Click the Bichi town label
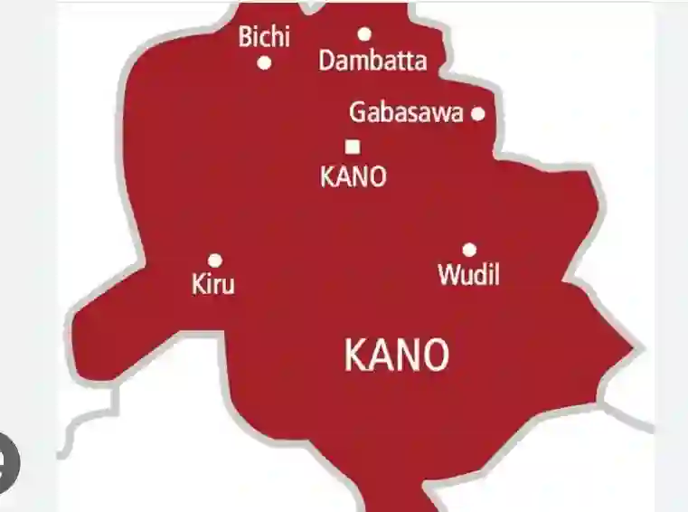(264, 38)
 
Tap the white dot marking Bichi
(265, 63)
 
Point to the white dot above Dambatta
(364, 34)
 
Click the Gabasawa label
(406, 113)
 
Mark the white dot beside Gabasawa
(477, 113)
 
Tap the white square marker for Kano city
(353, 146)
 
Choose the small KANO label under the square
(353, 176)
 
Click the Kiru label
(213, 284)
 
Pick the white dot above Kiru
(215, 261)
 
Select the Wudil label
(468, 274)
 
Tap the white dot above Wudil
(469, 250)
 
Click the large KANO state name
(396, 356)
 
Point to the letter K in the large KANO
(354, 356)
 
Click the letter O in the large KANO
(435, 356)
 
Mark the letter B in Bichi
(245, 38)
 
